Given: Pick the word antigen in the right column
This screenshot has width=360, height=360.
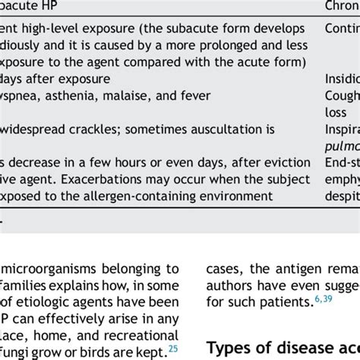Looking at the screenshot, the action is click(293, 269).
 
